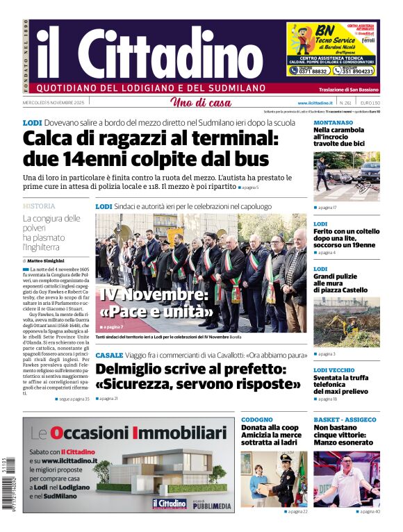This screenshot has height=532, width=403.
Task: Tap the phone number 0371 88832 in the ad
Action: [x=309, y=70]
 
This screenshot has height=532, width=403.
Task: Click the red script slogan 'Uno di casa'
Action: [x=201, y=103]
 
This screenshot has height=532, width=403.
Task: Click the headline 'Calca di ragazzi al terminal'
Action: [x=150, y=147]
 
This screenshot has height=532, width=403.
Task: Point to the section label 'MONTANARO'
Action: [x=333, y=122]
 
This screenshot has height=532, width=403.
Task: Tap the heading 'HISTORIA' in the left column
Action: [x=39, y=206]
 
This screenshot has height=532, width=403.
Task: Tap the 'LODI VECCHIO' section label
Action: [x=334, y=370]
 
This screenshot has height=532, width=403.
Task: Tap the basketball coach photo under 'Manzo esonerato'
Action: [x=346, y=479]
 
